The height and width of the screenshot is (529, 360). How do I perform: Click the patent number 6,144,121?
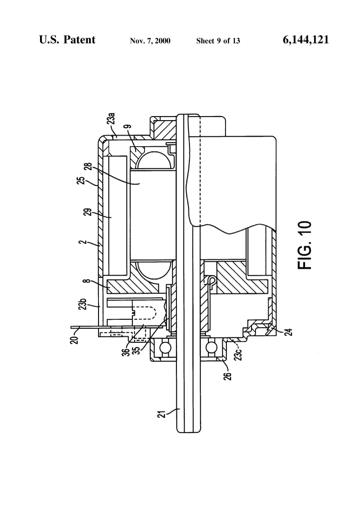point(306,40)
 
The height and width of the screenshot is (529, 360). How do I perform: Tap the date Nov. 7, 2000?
point(150,41)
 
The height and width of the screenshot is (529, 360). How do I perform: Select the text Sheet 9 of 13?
point(218,41)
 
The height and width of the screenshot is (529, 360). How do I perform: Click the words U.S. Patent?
point(67,40)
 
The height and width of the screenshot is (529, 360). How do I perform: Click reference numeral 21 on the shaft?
point(162,414)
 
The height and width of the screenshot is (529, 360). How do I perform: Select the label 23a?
point(111,120)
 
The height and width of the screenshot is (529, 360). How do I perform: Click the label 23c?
point(238,354)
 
